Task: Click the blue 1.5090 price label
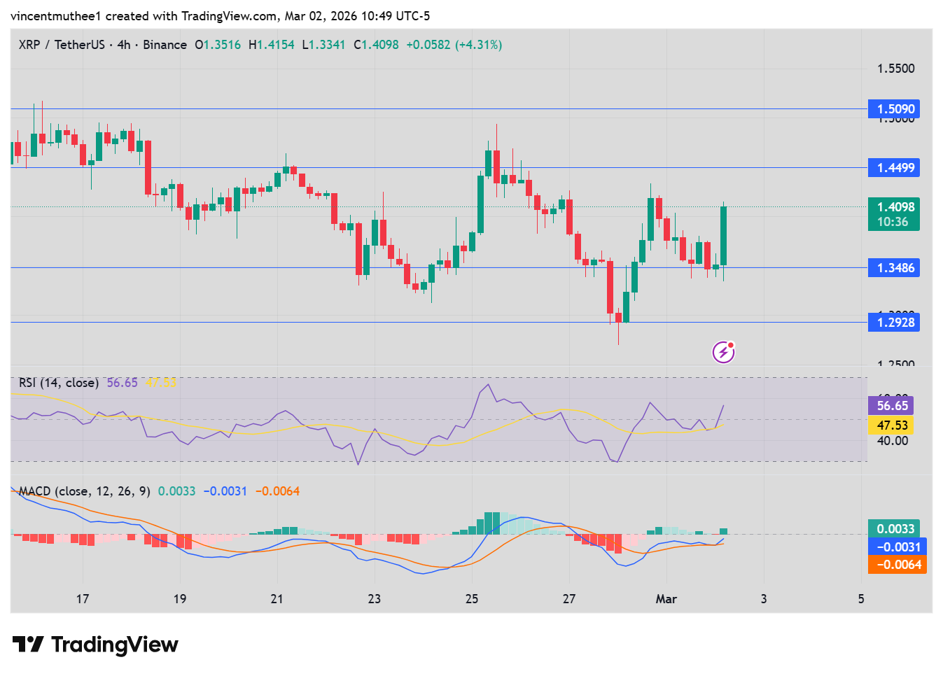(x=893, y=109)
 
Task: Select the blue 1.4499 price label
(x=893, y=168)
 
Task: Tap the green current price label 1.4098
(x=893, y=207)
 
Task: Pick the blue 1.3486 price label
(x=893, y=268)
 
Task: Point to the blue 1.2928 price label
(x=893, y=323)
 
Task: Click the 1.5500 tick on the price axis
(x=895, y=69)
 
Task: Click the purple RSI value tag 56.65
(x=892, y=406)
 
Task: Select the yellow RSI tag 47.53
(x=892, y=425)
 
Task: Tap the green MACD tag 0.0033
(x=895, y=529)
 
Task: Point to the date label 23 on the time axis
(x=375, y=599)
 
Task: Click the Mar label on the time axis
(x=666, y=599)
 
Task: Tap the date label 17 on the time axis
(x=83, y=599)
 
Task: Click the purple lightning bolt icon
(x=723, y=352)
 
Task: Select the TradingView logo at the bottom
(x=95, y=645)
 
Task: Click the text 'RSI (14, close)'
(x=59, y=383)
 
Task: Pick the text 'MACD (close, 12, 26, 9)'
(x=85, y=491)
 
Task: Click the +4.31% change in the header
(x=479, y=45)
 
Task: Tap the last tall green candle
(x=723, y=236)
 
